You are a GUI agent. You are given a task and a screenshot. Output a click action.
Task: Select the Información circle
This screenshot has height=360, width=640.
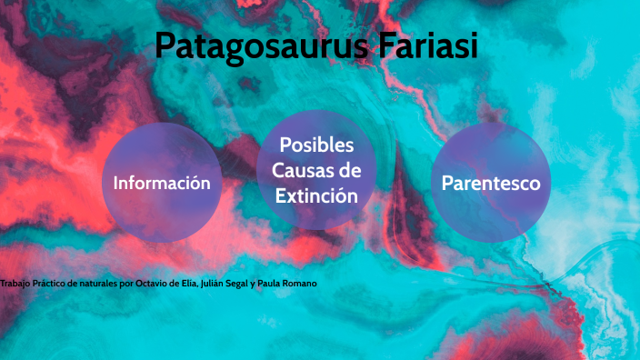162,183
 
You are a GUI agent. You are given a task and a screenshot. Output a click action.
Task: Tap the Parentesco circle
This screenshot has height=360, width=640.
490,183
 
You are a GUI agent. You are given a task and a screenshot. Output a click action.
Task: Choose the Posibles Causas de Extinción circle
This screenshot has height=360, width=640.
316,170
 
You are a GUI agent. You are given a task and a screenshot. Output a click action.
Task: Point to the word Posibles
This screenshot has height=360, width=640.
316,145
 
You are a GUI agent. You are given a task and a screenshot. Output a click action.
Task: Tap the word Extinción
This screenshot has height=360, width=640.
316,195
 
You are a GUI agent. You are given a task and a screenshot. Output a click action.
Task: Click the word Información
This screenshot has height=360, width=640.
162,183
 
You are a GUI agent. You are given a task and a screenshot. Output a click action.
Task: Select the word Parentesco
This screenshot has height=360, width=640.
490,183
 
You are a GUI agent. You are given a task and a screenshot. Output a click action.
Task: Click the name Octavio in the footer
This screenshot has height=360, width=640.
152,285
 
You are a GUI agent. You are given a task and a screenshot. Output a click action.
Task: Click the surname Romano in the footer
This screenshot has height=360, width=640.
300,285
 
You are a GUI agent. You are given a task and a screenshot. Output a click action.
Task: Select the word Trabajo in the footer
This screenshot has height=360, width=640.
15,285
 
